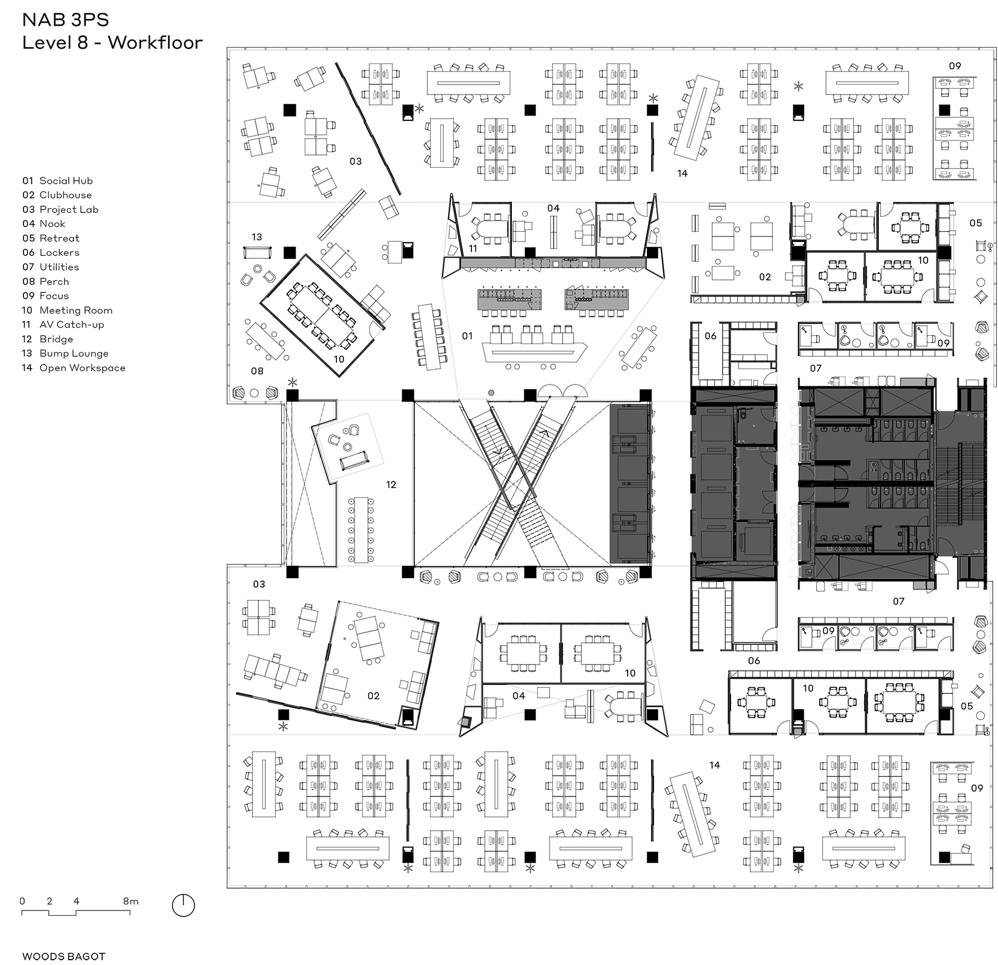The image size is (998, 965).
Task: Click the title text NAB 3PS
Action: click(66, 20)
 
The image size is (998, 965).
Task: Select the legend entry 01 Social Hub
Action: click(58, 181)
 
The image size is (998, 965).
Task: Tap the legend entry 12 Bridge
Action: click(48, 339)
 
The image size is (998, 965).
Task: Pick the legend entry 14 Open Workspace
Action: click(73, 367)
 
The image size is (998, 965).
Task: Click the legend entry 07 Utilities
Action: click(50, 266)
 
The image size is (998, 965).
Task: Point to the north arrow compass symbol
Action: click(183, 906)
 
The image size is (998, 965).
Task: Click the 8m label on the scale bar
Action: click(130, 901)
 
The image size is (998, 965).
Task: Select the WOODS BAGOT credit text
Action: click(64, 956)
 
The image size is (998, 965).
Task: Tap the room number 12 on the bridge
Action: click(391, 485)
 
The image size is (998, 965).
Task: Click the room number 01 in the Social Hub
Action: click(467, 336)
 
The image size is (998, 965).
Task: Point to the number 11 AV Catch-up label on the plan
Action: click(472, 248)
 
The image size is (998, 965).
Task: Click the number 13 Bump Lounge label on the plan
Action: click(257, 237)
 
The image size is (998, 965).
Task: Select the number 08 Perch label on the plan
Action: click(257, 371)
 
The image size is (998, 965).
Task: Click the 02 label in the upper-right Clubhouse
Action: click(764, 277)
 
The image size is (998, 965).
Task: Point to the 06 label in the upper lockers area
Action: click(710, 336)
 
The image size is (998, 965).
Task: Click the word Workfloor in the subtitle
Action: click(156, 43)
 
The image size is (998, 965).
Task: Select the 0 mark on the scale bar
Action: click(22, 901)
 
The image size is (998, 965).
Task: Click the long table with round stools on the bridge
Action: click(361, 529)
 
